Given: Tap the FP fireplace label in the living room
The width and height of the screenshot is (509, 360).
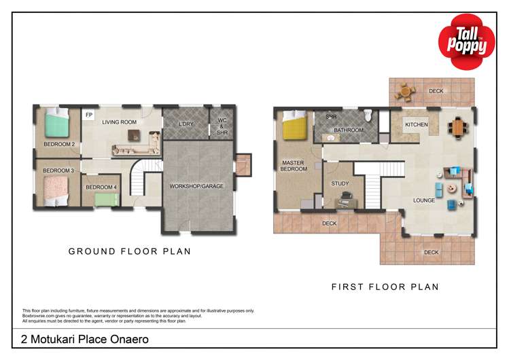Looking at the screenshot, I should point(89,115).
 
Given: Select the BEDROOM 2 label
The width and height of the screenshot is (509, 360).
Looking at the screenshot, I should point(59,144).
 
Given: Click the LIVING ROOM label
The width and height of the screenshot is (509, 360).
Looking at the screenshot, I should point(120,122).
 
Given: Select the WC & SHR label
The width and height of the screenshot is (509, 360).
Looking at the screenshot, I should point(222,127).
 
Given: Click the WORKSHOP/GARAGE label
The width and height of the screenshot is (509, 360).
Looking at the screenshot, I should point(198,185).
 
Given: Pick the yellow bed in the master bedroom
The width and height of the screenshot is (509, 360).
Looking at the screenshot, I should point(296,126).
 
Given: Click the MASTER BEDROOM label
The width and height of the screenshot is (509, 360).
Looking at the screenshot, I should point(293,166).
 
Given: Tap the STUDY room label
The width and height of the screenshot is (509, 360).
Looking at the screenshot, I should point(340,183).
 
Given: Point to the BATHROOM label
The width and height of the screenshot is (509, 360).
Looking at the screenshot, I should point(348,130).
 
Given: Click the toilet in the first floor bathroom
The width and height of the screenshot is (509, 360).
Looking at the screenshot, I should point(367,115).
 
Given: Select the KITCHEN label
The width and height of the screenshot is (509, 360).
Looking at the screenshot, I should point(416,126).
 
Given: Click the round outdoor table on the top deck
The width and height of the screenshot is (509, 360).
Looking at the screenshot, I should point(405,90).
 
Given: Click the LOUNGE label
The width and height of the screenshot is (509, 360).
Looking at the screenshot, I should point(424,200).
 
